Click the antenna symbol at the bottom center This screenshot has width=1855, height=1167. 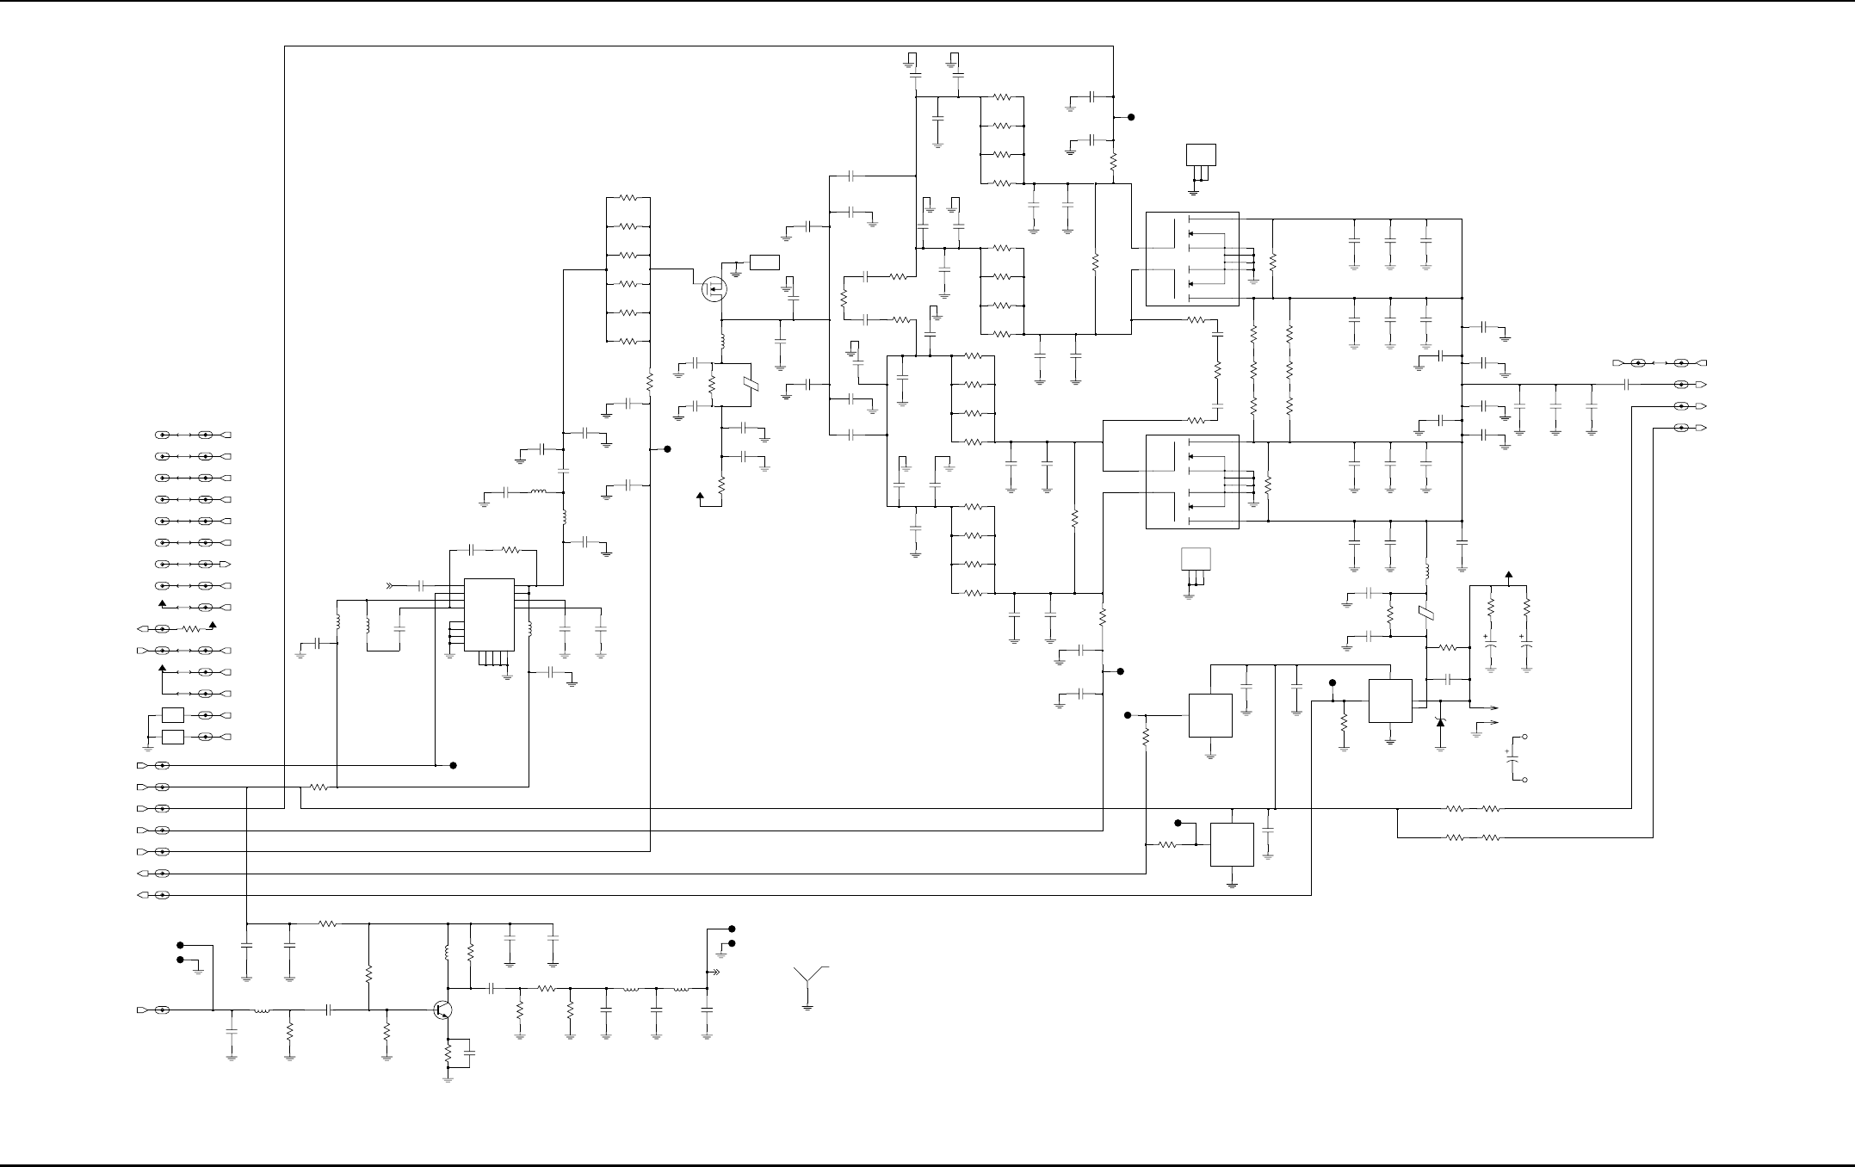807,981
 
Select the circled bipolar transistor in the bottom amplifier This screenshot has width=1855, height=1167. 443,1010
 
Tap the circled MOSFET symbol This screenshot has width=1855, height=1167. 714,289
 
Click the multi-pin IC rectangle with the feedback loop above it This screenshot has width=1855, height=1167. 489,614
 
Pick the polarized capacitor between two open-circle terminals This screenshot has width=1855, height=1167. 1512,759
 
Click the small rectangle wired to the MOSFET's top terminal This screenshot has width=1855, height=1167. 764,262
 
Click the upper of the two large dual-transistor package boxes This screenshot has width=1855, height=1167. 1192,258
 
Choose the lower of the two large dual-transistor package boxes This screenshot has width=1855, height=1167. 1192,481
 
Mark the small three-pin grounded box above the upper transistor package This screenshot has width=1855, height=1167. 1201,155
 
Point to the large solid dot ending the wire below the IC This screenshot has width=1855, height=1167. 454,765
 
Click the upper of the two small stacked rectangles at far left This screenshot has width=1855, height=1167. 173,714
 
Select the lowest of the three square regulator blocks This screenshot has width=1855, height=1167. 1232,844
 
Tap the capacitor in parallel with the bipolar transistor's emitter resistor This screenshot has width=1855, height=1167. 469,1053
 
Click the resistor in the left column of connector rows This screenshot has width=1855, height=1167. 191,629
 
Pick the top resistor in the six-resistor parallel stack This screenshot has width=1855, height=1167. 628,198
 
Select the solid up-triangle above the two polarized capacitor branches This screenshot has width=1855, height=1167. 1508,575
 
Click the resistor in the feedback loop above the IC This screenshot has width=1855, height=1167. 510,549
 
